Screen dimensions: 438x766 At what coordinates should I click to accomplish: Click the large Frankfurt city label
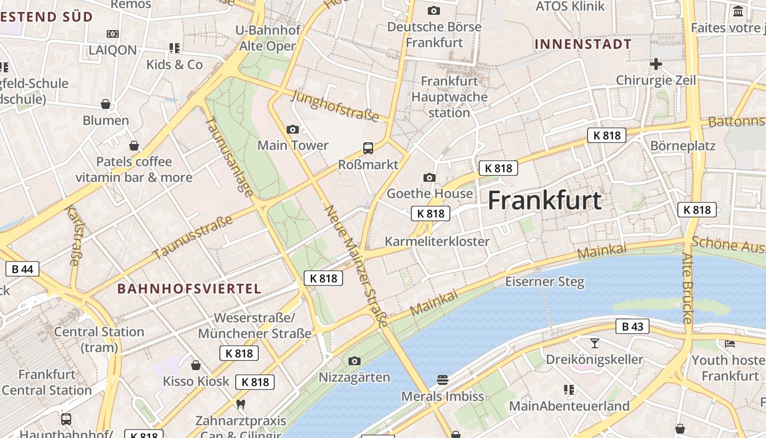click(x=544, y=200)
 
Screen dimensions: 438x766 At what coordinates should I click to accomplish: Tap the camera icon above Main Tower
click(x=293, y=129)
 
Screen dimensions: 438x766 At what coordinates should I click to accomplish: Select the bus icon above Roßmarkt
click(x=368, y=148)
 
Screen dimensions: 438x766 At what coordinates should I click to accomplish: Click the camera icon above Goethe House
click(x=430, y=177)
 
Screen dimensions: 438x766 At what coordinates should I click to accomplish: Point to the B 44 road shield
click(x=22, y=269)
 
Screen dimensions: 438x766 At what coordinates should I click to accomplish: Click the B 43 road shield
click(x=632, y=327)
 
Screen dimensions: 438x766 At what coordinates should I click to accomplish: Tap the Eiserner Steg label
click(x=544, y=282)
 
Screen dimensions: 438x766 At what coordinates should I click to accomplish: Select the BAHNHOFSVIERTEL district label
click(x=189, y=289)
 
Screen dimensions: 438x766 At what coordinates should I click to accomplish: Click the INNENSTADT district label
click(x=583, y=44)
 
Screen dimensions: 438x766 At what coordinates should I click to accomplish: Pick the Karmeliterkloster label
click(x=437, y=241)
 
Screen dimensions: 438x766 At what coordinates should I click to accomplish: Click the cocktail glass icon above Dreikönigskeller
click(x=595, y=343)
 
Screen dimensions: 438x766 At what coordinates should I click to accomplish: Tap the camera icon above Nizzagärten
click(x=355, y=361)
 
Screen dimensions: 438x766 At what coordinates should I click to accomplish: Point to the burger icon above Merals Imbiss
click(x=442, y=379)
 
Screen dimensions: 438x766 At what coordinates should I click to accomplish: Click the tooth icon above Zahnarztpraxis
click(x=240, y=405)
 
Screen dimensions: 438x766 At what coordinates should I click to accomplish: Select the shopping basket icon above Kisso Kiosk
click(x=195, y=365)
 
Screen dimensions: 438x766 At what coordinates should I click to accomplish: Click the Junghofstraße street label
click(x=336, y=106)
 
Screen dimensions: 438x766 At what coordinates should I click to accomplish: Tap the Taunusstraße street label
click(x=193, y=238)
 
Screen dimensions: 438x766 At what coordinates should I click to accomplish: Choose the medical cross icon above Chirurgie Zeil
click(x=655, y=64)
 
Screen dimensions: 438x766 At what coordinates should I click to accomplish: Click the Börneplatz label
click(x=683, y=146)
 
